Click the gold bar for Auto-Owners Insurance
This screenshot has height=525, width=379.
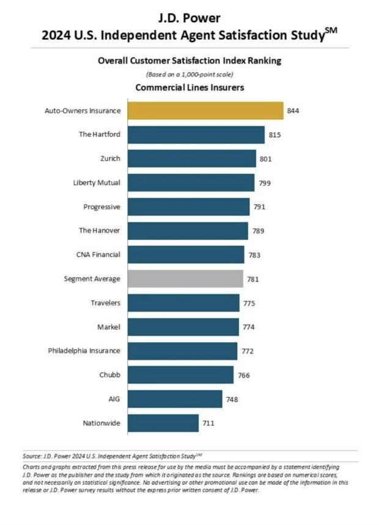205,111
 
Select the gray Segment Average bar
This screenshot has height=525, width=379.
185,279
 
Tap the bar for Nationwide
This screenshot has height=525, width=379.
163,423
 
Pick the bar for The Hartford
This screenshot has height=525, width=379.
196,135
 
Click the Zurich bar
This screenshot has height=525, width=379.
191,158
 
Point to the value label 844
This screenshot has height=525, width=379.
293,111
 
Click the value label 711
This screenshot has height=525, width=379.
209,423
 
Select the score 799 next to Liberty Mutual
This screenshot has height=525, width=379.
264,183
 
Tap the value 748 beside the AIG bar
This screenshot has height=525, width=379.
232,399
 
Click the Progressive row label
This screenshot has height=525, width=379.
101,207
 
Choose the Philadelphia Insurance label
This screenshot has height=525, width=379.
84,351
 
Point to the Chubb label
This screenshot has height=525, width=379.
109,374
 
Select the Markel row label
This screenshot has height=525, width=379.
109,327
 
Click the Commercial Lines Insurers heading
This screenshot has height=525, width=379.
189,87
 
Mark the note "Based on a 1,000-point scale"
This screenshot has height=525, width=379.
189,74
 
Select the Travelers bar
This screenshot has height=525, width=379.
183,303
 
